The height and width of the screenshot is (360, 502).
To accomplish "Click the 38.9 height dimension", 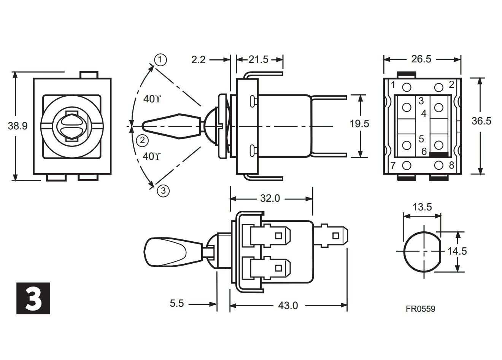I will point(18,126).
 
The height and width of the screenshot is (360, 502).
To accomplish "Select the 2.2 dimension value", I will point(198,59).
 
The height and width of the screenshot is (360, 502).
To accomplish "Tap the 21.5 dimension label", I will point(259,59).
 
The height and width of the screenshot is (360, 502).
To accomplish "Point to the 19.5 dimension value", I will point(359,124).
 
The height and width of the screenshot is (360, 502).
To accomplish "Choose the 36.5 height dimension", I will point(481,121).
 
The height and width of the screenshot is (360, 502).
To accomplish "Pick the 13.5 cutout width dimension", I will point(422,207).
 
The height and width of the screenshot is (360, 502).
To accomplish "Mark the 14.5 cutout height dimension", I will point(457,251).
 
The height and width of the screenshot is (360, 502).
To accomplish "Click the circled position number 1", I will point(160,59).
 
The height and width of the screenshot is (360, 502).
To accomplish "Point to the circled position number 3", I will point(163,191).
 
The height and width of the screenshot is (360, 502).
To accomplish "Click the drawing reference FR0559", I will point(420,309).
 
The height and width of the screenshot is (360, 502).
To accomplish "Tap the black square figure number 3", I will point(33,298).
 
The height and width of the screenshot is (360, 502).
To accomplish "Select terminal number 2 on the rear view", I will point(451,84).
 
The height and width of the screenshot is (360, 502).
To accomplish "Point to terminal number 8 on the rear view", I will point(451,165).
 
